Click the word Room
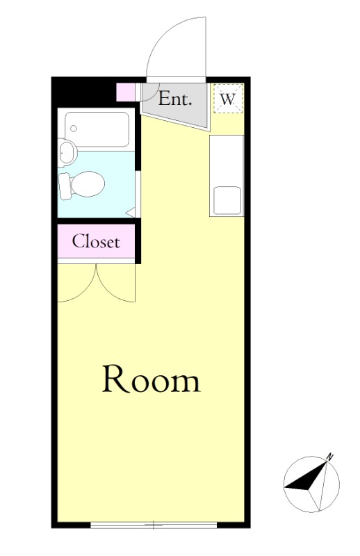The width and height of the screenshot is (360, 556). [152, 379]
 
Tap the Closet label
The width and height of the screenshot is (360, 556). [96, 241]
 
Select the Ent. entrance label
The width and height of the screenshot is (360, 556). [175, 99]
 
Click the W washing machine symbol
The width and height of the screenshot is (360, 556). [228, 99]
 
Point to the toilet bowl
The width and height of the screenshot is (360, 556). [88, 184]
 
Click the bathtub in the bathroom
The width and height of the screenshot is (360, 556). [97, 130]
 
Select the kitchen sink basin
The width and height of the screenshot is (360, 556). [227, 201]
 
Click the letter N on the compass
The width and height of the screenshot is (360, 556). [330, 457]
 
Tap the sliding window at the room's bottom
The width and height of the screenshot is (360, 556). [154, 525]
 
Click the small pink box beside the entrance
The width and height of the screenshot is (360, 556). [126, 92]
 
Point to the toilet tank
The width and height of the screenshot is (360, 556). [64, 186]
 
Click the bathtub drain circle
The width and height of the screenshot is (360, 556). [74, 129]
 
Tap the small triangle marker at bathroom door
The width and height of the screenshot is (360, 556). [131, 213]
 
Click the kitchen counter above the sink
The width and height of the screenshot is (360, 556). [227, 161]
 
